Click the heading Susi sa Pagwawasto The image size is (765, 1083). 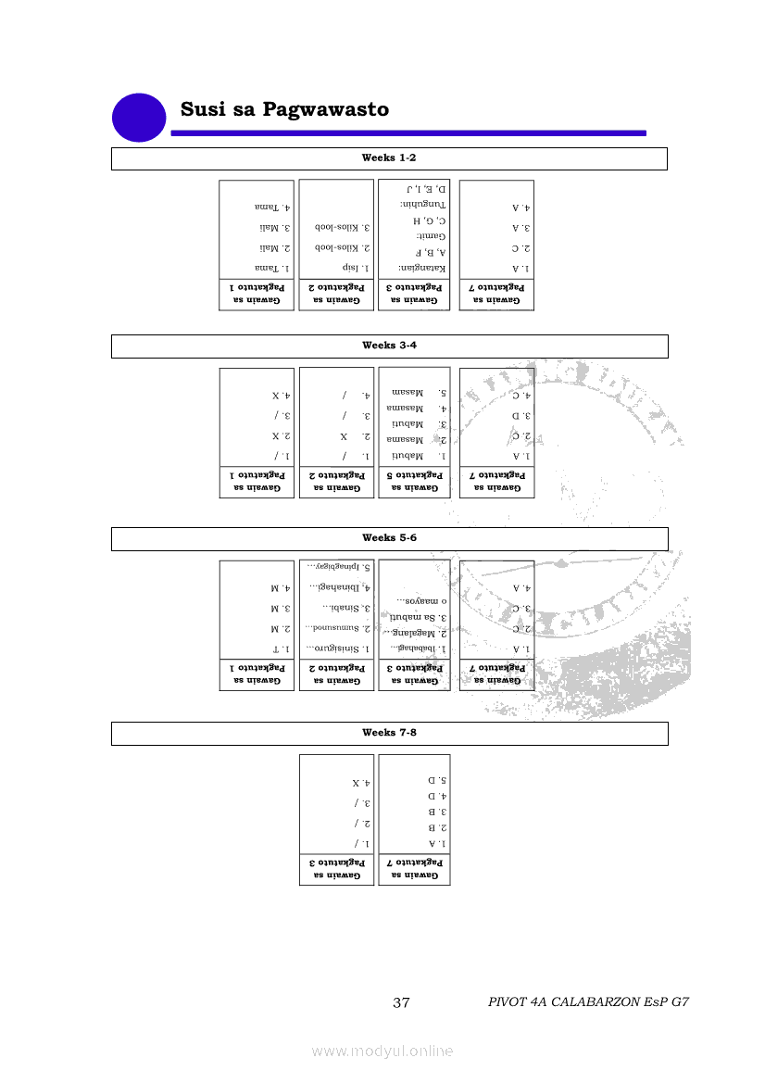pyautogui.click(x=284, y=110)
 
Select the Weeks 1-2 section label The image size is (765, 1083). pyautogui.click(x=389, y=158)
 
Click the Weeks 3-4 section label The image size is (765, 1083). pyautogui.click(x=389, y=346)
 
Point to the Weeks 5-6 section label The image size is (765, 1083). pyautogui.click(x=389, y=538)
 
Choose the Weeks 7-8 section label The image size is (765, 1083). pyautogui.click(x=389, y=733)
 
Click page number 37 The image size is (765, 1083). pyautogui.click(x=402, y=1002)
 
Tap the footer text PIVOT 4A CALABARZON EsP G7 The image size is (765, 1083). pyautogui.click(x=588, y=1002)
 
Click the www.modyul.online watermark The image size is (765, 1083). pyautogui.click(x=382, y=1051)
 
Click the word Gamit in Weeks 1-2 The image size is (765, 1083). pyautogui.click(x=432, y=236)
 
